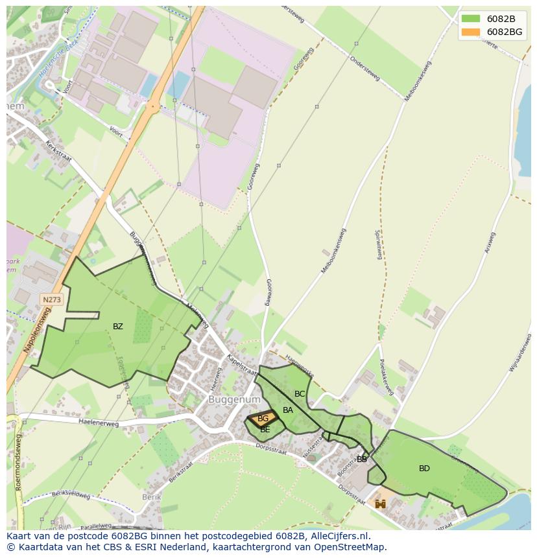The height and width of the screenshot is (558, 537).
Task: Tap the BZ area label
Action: [x=117, y=327]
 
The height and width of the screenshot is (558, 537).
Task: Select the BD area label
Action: [x=424, y=469]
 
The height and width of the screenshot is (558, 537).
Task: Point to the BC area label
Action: [x=300, y=394]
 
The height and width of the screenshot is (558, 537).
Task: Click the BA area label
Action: [x=288, y=410]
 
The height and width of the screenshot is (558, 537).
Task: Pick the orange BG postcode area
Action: [x=263, y=419]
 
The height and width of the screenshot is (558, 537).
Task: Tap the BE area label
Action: [x=265, y=430]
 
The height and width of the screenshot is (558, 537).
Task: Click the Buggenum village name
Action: [x=225, y=401]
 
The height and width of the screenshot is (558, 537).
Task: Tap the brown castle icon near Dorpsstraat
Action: [x=380, y=504]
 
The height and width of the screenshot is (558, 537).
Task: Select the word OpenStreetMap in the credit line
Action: [x=350, y=547]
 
